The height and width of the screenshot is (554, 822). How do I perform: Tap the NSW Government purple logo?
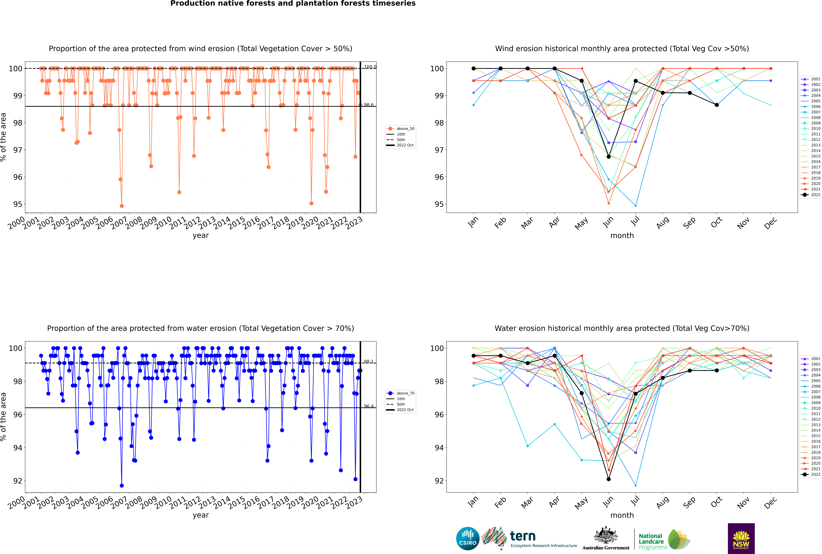pos(741,538)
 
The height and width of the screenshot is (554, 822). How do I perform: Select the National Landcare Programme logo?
pos(664,540)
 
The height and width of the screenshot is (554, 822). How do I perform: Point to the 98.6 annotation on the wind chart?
pos(369,105)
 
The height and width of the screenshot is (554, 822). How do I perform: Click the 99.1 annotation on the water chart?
pos(369,361)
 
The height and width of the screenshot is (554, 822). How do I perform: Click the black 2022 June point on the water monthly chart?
pos(609,479)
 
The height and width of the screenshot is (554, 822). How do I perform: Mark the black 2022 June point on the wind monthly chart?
pos(609,157)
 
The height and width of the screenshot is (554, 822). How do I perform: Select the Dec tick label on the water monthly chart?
pos(770,502)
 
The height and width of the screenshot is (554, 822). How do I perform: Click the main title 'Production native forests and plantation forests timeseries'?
pos(293,4)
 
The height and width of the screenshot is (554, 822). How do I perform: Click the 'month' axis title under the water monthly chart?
pos(622,515)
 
